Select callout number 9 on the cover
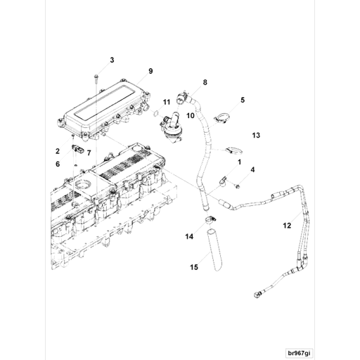150,72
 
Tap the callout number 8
205,82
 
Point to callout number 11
167,103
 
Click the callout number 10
190,115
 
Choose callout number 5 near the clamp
243,101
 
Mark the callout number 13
256,134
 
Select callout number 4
252,169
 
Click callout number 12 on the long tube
286,226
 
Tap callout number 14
189,237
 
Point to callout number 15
194,267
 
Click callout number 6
58,164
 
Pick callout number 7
89,153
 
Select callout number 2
58,150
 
